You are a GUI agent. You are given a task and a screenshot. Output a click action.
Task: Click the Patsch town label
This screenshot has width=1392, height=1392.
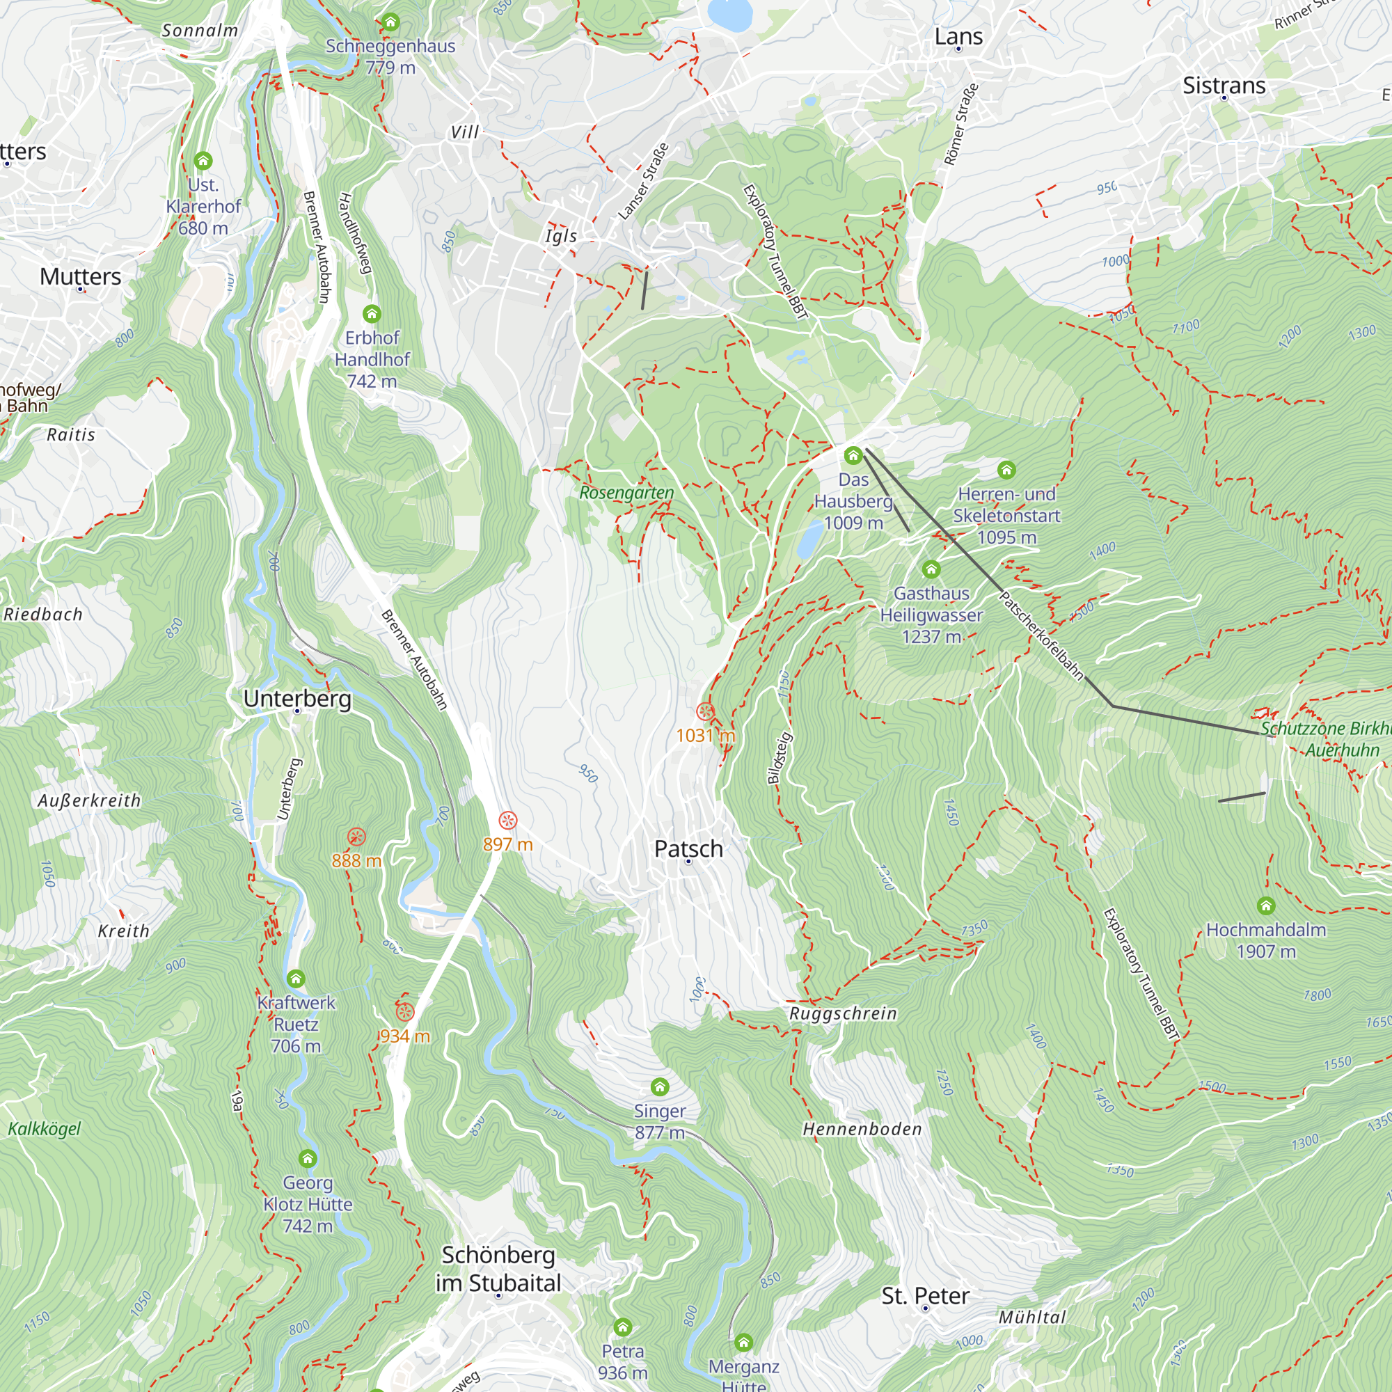pyautogui.click(x=688, y=848)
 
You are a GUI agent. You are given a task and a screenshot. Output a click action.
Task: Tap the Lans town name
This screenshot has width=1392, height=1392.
pyautogui.click(x=958, y=36)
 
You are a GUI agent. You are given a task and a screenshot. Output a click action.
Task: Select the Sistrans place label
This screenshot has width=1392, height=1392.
pyautogui.click(x=1224, y=85)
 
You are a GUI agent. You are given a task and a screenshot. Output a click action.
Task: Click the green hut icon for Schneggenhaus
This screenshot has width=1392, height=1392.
pyautogui.click(x=390, y=22)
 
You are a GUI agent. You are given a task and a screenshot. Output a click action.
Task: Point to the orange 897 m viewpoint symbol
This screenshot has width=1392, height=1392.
pyautogui.click(x=508, y=820)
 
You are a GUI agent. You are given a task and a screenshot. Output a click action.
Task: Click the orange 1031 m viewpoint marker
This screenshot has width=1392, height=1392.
pyautogui.click(x=705, y=712)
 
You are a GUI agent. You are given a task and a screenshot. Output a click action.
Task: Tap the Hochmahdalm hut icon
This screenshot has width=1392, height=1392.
pyautogui.click(x=1266, y=905)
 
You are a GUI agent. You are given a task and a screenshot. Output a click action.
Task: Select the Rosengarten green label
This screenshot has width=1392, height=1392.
pyautogui.click(x=626, y=493)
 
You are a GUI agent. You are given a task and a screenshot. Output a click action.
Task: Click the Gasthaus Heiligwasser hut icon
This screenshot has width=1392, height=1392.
pyautogui.click(x=931, y=570)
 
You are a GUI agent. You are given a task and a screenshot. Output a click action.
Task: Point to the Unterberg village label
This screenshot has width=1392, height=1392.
pyautogui.click(x=297, y=698)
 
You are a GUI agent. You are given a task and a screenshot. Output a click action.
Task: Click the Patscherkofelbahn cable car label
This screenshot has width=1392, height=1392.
pyautogui.click(x=1041, y=635)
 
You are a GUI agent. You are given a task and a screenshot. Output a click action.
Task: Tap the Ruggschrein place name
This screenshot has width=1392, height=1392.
pyautogui.click(x=843, y=1014)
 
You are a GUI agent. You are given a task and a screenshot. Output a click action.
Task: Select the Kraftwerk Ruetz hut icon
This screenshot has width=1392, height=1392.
pyautogui.click(x=296, y=979)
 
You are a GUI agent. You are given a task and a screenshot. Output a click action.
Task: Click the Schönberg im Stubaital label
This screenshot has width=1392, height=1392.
pyautogui.click(x=498, y=1269)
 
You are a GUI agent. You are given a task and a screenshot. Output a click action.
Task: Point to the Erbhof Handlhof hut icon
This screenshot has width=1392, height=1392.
pyautogui.click(x=372, y=313)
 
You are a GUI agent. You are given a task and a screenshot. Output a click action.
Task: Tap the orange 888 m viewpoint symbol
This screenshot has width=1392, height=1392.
pyautogui.click(x=356, y=837)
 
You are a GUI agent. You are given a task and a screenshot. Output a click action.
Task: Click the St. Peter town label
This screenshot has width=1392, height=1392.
pyautogui.click(x=925, y=1295)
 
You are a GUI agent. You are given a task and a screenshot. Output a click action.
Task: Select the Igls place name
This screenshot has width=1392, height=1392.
pyautogui.click(x=560, y=237)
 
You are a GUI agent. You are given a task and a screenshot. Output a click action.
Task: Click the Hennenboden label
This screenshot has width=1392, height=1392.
pyautogui.click(x=862, y=1129)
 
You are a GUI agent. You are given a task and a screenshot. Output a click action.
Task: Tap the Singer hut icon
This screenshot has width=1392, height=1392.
pyautogui.click(x=660, y=1086)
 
